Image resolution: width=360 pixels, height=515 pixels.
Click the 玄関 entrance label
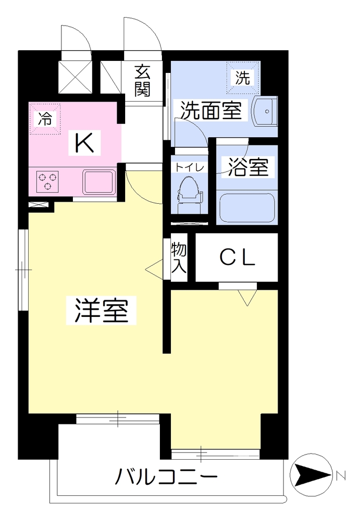[x=142, y=81]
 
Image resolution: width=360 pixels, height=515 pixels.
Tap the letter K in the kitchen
[x=84, y=143]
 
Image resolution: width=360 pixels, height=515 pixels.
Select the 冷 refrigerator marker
[x=45, y=118]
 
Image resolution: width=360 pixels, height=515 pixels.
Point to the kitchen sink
[x=99, y=182]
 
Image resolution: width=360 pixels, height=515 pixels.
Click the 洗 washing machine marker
[x=243, y=77]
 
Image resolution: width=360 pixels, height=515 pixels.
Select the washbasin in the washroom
[x=265, y=111]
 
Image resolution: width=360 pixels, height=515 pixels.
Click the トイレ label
[x=190, y=167]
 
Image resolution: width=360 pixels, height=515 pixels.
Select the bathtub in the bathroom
[x=247, y=208]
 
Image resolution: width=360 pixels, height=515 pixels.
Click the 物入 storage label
[x=178, y=258]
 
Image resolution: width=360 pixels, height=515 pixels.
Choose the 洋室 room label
[x=101, y=310]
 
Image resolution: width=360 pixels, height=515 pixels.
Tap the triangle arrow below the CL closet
[x=247, y=297]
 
